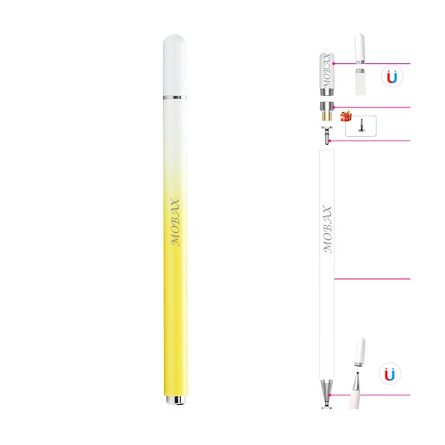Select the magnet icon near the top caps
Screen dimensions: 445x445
[390, 77]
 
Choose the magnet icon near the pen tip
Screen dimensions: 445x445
[389, 374]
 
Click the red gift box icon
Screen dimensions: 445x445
[347, 117]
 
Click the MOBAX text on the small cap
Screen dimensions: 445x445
[326, 72]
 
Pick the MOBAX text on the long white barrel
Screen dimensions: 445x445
[327, 229]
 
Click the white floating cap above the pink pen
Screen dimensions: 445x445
[359, 353]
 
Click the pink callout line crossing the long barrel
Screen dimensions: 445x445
[372, 279]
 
